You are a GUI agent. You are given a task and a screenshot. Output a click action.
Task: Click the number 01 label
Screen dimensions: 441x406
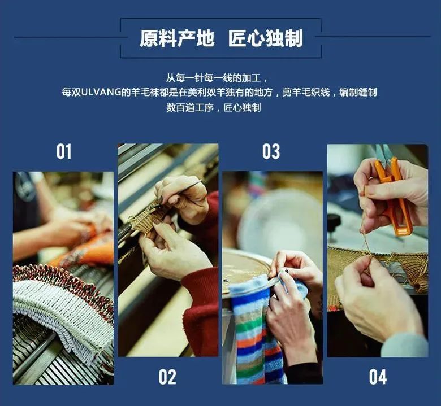[x=64, y=151]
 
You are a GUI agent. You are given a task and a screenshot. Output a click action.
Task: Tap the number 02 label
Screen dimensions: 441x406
[x=167, y=377]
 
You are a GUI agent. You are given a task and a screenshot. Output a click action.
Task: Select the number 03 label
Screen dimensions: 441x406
[x=271, y=151]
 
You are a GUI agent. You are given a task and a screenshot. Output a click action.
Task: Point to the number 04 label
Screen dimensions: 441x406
[x=378, y=377]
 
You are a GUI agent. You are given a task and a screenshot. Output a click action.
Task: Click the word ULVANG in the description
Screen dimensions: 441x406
[x=101, y=92]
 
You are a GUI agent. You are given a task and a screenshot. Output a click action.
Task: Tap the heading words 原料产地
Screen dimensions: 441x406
[x=177, y=38]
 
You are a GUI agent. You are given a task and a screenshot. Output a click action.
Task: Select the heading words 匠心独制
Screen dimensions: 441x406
[x=266, y=38]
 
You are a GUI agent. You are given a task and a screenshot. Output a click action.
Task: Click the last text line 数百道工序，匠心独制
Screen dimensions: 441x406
[x=214, y=108]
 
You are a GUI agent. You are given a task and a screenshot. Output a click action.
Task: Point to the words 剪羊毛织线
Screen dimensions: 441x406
[x=306, y=92]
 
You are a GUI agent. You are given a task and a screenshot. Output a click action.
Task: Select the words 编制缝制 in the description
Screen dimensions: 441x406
[x=358, y=92]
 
